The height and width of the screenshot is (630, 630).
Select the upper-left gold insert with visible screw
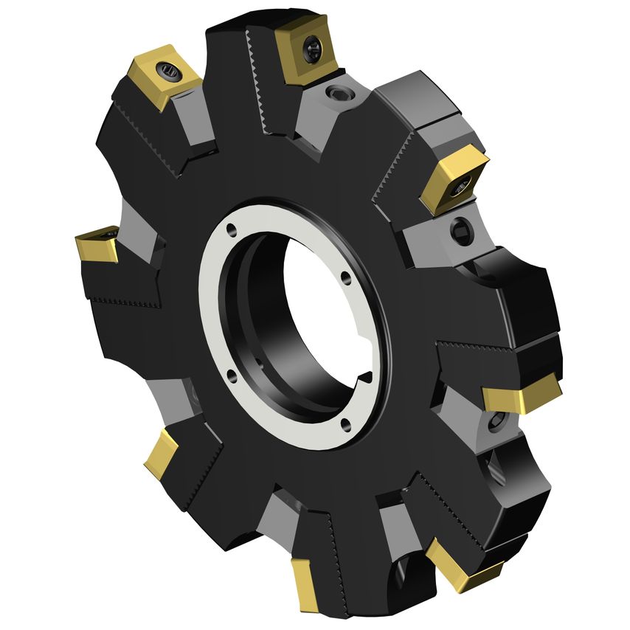165,76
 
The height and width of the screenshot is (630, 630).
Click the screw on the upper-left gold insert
170,72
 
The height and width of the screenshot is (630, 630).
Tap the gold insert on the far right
522,395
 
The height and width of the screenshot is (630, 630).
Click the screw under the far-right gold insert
495,420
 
